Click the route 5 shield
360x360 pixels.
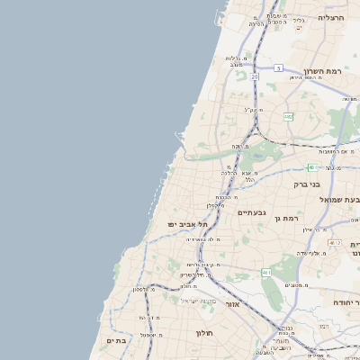[279, 68]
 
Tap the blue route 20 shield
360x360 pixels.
[255, 77]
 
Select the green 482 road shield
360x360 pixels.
[288, 117]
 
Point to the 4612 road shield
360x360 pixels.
[335, 242]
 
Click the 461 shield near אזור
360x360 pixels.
[266, 272]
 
